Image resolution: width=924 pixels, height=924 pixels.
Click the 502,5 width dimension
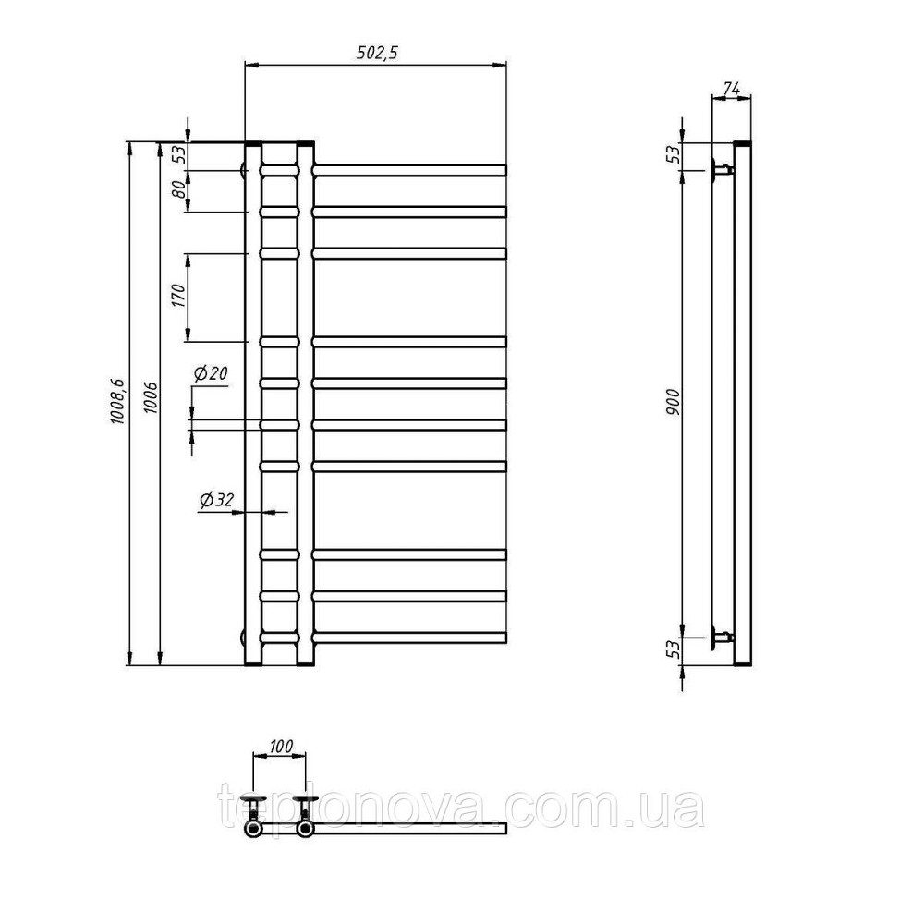[x=377, y=53]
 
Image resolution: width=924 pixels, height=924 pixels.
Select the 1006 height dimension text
[x=151, y=397]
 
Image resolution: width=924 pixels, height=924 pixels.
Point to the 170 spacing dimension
[x=179, y=295]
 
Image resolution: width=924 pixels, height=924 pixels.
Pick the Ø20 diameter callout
[x=211, y=373]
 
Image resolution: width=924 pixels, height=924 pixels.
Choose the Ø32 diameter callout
[x=216, y=500]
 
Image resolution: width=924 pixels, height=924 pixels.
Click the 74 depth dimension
[x=731, y=89]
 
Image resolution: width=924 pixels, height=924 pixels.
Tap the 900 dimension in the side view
[x=673, y=402]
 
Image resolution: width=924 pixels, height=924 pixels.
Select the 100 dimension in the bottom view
[x=281, y=747]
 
